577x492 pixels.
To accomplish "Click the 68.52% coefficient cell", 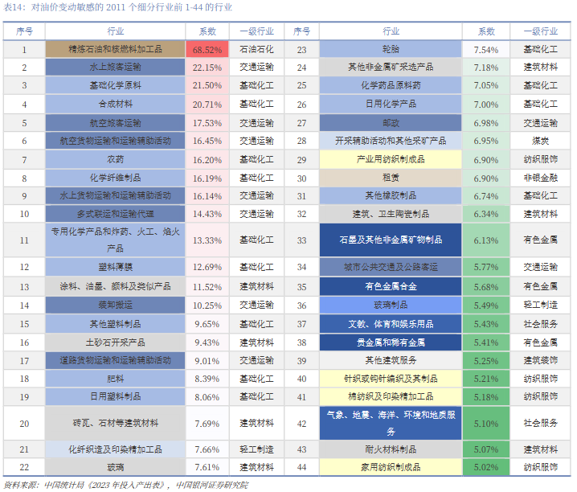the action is coord(207,49).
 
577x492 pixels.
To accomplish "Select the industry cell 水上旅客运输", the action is coord(115,68).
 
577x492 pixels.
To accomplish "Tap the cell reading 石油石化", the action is coord(256,49).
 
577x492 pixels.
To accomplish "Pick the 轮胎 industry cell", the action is coord(391,49).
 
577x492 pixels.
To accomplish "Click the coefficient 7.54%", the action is coord(485,49).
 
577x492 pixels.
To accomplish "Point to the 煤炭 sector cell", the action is coord(540,141).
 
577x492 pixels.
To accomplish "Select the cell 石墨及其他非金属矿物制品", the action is coord(391,240).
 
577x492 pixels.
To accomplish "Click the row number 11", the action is coord(24,240).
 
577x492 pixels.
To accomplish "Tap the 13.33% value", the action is coord(207,240).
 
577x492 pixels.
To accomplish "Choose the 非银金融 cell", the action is coord(540,178).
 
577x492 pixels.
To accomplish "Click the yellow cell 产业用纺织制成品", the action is coord(391,159).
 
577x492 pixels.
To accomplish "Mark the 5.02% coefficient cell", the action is coord(485,467).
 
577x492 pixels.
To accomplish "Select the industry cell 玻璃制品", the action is coord(391,305).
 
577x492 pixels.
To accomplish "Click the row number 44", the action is coord(301,467).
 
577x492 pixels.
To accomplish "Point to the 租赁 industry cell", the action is coord(391,178).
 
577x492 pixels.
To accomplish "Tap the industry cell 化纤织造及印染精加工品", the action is coord(115,449).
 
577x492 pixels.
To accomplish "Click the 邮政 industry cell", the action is coord(391,123).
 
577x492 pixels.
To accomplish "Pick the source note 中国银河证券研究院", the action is coord(212,485).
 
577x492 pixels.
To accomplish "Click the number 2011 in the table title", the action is coord(116,7).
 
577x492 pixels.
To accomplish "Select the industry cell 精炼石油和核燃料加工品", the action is coord(115,49).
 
